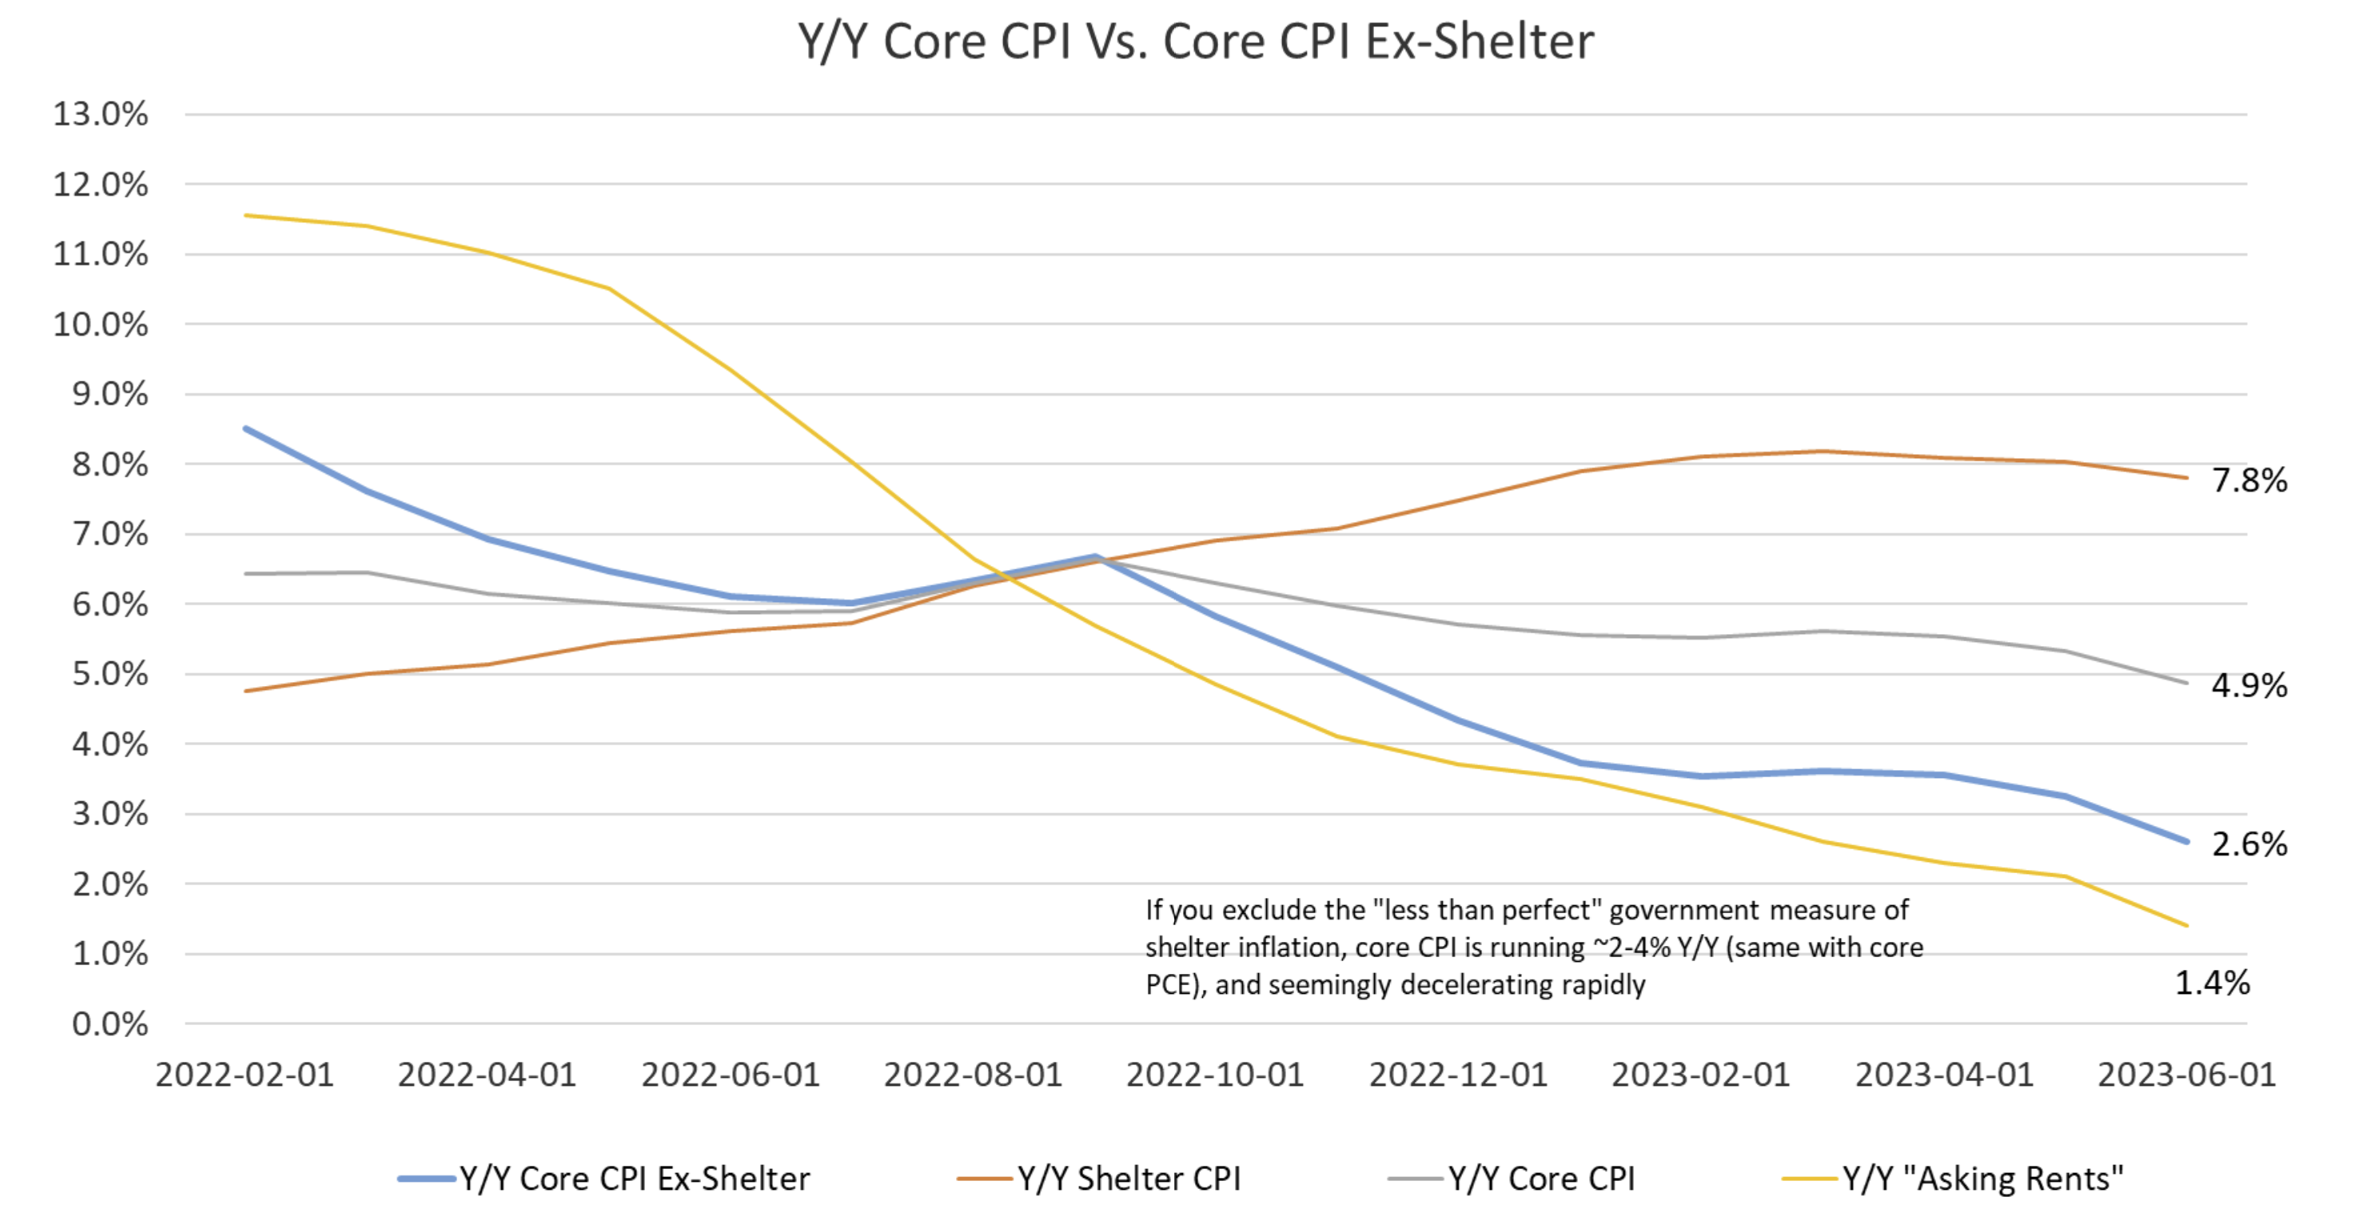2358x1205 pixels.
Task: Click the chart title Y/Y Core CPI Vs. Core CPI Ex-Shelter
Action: coord(1196,42)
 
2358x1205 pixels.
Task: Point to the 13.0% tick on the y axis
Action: coord(101,114)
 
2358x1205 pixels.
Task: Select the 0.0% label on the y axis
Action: coord(110,1023)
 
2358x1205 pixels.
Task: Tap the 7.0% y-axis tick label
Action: coord(110,534)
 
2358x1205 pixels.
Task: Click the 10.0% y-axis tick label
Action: coord(101,324)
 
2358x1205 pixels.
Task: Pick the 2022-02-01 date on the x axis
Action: coord(245,1074)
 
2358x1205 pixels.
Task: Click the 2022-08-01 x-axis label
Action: coord(972,1074)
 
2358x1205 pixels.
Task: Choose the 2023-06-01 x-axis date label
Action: coord(2186,1074)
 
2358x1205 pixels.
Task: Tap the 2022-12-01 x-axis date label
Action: coord(1458,1074)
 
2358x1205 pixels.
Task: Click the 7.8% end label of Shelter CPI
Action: coord(2249,480)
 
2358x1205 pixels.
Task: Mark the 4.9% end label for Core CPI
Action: coord(2249,685)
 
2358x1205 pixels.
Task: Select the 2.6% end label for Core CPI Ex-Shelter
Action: coord(2249,844)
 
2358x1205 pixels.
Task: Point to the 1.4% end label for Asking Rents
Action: coord(2212,983)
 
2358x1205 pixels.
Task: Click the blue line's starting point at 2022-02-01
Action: coord(245,428)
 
